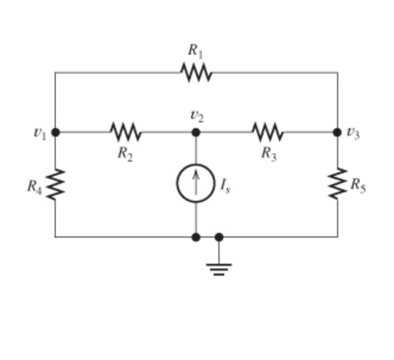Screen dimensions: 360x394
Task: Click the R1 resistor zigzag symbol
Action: tap(196, 73)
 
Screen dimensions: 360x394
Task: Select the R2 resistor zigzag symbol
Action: tap(126, 132)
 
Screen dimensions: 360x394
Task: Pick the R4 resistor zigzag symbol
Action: tap(56, 184)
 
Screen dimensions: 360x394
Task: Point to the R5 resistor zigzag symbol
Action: tap(338, 184)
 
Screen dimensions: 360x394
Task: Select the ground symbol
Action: tap(219, 267)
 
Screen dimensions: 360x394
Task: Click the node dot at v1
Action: tap(56, 132)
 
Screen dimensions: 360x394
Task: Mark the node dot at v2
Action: tap(196, 132)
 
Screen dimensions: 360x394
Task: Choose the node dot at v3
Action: tap(338, 132)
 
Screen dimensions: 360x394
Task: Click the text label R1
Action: tap(196, 51)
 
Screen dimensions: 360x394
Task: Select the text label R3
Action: tap(269, 153)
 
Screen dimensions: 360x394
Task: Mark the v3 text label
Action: tap(354, 133)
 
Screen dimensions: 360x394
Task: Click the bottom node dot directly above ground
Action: tap(219, 237)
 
